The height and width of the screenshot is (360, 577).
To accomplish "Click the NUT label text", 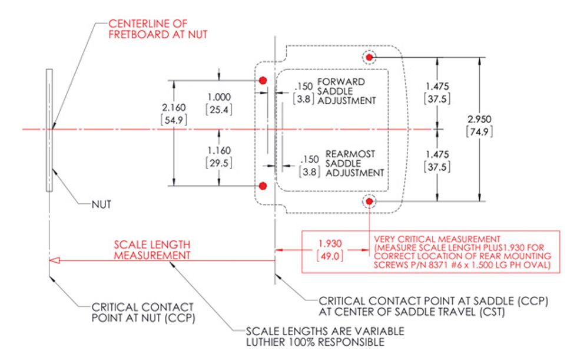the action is [101, 204].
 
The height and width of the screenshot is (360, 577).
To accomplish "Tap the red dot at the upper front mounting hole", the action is [263, 80].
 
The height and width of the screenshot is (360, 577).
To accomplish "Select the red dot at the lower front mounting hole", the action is [263, 186].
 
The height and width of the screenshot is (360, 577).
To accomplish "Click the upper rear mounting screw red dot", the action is [369, 57].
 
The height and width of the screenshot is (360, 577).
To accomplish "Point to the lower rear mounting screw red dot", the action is [369, 201].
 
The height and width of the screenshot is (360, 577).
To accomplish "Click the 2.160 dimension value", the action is [174, 107].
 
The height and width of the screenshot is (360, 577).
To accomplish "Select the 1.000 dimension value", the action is [219, 97].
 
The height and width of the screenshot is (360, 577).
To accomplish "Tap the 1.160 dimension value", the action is [219, 151].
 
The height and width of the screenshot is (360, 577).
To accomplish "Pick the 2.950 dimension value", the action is [479, 119].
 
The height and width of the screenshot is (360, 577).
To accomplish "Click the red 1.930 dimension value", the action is [330, 244].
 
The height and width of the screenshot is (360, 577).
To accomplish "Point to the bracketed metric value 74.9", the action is [479, 131].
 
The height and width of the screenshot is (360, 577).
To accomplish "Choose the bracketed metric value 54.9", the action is [174, 120].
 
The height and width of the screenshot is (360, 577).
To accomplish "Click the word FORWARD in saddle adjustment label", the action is [341, 82].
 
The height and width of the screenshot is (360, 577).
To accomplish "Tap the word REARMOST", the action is [350, 154].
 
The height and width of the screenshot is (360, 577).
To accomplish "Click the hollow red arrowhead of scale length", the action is [54, 260].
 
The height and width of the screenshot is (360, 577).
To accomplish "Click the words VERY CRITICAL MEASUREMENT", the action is [437, 239].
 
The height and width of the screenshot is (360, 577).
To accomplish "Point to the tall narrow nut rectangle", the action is [49, 130].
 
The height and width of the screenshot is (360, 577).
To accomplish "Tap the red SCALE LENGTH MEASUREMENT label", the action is [152, 250].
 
